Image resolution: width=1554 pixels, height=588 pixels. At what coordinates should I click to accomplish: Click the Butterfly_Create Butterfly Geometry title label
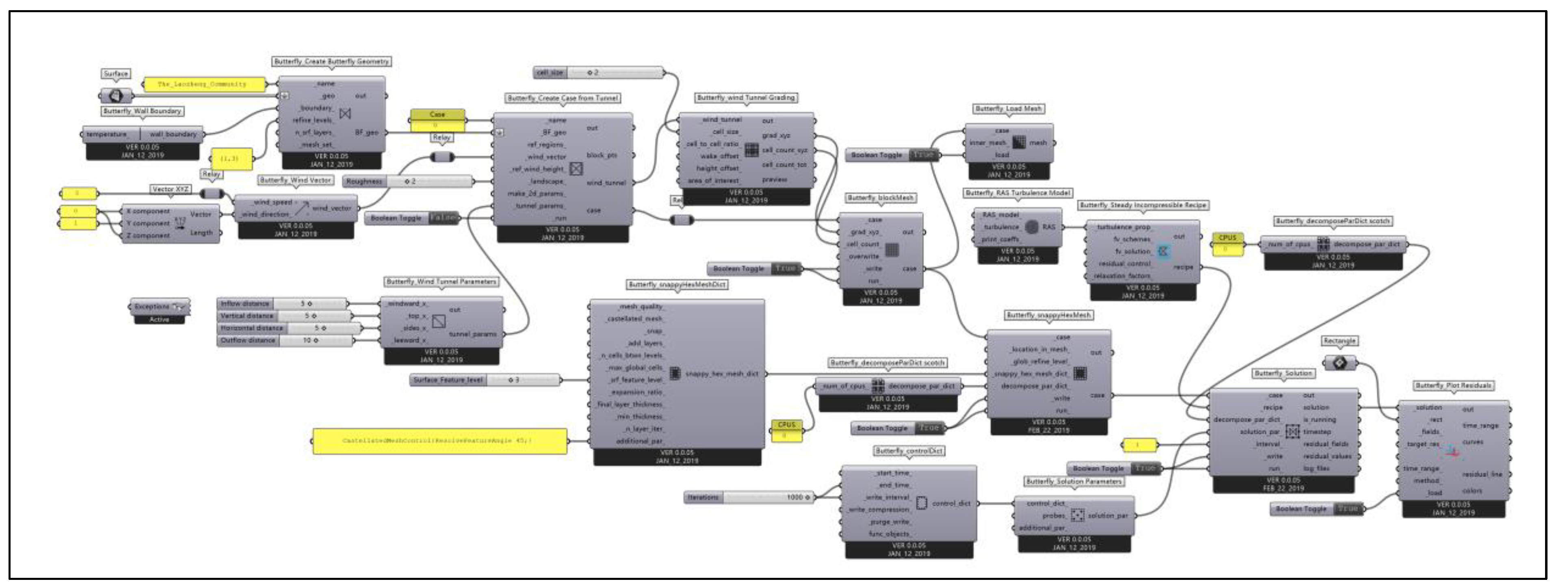[331, 61]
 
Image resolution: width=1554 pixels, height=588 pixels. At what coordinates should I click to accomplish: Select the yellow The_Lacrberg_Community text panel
[204, 84]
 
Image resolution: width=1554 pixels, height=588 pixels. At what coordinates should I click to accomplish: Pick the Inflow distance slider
[282, 303]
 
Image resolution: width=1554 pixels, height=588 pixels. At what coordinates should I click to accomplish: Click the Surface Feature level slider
[486, 380]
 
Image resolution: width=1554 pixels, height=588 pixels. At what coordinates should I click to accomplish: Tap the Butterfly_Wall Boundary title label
[143, 111]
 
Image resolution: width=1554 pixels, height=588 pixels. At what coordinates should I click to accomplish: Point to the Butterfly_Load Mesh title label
[1009, 108]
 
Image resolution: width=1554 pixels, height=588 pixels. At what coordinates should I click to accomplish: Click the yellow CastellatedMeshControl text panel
[439, 441]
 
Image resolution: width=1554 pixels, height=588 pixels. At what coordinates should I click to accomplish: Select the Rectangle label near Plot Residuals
[1339, 341]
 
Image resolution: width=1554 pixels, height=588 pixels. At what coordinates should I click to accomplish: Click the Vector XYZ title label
[171, 189]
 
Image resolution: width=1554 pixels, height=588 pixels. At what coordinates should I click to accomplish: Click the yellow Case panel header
[437, 114]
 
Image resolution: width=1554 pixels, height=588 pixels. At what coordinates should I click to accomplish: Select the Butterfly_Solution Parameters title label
[1074, 481]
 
